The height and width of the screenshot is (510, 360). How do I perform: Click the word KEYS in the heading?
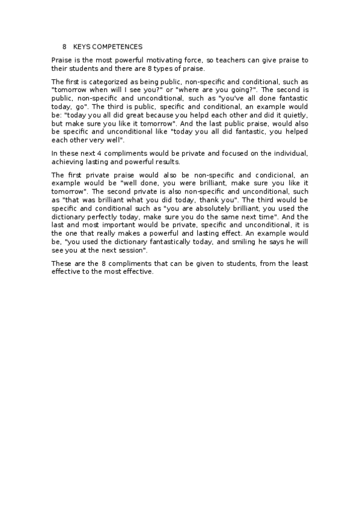pos(82,46)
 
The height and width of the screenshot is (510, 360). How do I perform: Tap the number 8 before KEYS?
pos(64,46)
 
